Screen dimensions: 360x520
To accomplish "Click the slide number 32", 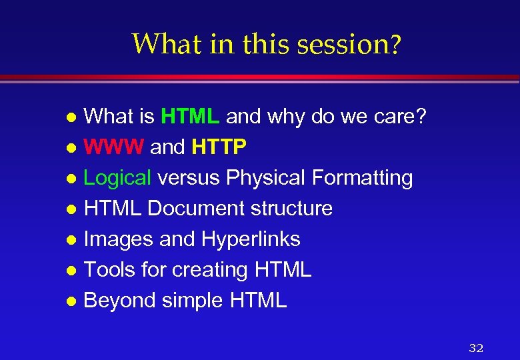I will [x=476, y=348].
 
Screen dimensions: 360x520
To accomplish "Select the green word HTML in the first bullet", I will [x=190, y=117].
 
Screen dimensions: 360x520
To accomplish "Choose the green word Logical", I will [x=118, y=178].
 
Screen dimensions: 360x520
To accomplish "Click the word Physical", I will [x=264, y=178].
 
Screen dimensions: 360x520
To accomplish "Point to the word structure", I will [x=291, y=209].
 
